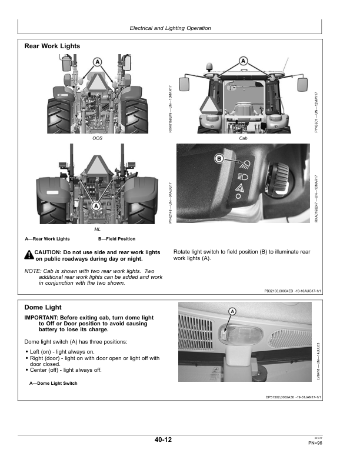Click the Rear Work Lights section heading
pyautogui.click(x=52, y=46)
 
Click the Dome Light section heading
pyautogui.click(x=43, y=307)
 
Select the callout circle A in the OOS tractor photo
pyautogui.click(x=98, y=62)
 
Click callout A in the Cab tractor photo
pyautogui.click(x=243, y=60)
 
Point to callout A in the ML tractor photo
pyautogui.click(x=96, y=204)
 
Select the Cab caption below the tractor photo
pyautogui.click(x=244, y=138)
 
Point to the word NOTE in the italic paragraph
pyautogui.click(x=32, y=271)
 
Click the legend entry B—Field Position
pyautogui.click(x=116, y=239)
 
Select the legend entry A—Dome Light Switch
pyautogui.click(x=53, y=384)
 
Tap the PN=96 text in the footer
pyautogui.click(x=315, y=443)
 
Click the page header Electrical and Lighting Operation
pyautogui.click(x=169, y=28)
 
